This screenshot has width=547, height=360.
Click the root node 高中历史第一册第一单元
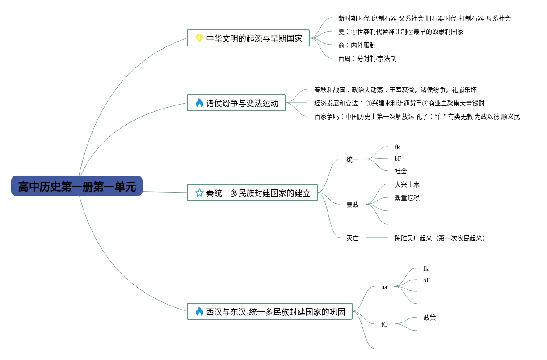pyautogui.click(x=77, y=186)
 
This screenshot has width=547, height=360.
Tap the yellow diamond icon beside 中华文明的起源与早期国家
pyautogui.click(x=199, y=38)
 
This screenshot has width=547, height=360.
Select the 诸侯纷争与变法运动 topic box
pyautogui.click(x=236, y=103)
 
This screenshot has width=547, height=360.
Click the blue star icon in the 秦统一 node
pyautogui.click(x=199, y=193)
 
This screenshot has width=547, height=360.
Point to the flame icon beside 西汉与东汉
pyautogui.click(x=199, y=312)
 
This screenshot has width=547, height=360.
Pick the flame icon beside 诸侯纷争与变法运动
pyautogui.click(x=199, y=103)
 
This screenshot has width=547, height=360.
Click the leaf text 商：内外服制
pyautogui.click(x=357, y=45)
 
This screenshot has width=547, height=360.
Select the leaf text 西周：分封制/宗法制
pyautogui.click(x=367, y=59)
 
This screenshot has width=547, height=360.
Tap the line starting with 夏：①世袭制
pyautogui.click(x=400, y=32)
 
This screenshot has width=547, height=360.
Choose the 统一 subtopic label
pyautogui.click(x=353, y=159)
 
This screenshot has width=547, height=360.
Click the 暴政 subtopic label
pyautogui.click(x=353, y=205)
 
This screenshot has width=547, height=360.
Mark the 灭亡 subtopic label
pyautogui.click(x=353, y=238)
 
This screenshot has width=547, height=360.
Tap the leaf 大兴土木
pyautogui.click(x=407, y=184)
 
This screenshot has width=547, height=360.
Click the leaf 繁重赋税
pyautogui.click(x=407, y=198)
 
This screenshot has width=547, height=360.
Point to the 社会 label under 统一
pyautogui.click(x=400, y=171)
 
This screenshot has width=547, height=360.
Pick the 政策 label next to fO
pyautogui.click(x=429, y=318)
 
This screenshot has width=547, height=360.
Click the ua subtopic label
pyautogui.click(x=384, y=287)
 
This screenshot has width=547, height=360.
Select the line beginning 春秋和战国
pyautogui.click(x=395, y=90)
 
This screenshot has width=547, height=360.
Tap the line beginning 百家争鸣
pyautogui.click(x=417, y=117)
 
